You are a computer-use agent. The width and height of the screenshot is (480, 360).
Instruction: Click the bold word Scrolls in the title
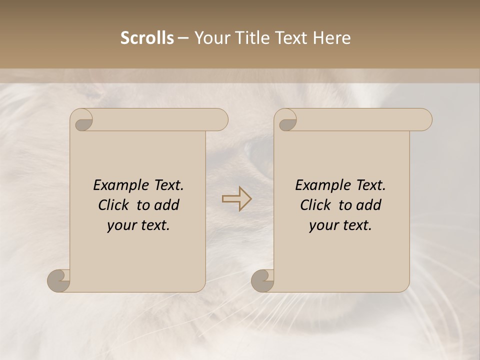147,38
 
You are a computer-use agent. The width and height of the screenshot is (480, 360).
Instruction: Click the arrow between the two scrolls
236,198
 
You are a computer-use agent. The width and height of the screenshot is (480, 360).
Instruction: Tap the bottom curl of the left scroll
58,281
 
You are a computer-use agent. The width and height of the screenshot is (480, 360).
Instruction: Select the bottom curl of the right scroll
262,281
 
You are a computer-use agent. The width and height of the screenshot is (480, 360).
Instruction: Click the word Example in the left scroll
116,185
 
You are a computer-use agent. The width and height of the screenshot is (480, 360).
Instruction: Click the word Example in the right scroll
318,185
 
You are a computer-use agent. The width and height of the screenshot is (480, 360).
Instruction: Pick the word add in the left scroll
166,205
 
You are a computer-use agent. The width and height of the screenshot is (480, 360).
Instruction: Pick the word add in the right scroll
368,205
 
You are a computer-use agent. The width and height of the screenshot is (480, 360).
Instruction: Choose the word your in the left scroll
122,225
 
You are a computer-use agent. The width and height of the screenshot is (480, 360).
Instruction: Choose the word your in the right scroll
324,225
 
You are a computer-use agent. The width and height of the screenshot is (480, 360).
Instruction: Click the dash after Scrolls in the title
183,38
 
